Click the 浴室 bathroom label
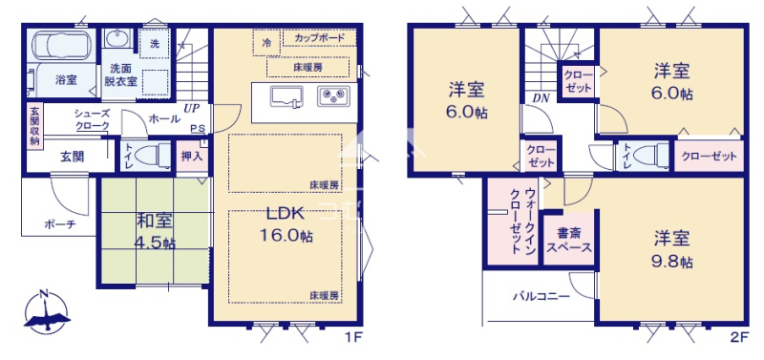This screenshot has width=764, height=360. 66,80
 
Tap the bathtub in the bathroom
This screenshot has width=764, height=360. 61,45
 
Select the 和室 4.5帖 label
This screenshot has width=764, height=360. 155,231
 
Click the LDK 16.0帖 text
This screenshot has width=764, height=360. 286,225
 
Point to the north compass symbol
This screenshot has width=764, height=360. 47,312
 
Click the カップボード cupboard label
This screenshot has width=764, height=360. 320,37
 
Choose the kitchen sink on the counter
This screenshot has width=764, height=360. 286,96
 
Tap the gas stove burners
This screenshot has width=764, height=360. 333,95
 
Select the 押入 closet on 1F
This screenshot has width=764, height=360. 192,157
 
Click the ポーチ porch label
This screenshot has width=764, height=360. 59,224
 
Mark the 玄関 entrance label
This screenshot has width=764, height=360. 73,157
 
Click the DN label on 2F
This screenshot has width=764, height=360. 541,98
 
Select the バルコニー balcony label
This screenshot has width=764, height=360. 541,296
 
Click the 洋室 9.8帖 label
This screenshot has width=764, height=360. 672,249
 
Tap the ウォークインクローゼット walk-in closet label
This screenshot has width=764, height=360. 522,221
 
